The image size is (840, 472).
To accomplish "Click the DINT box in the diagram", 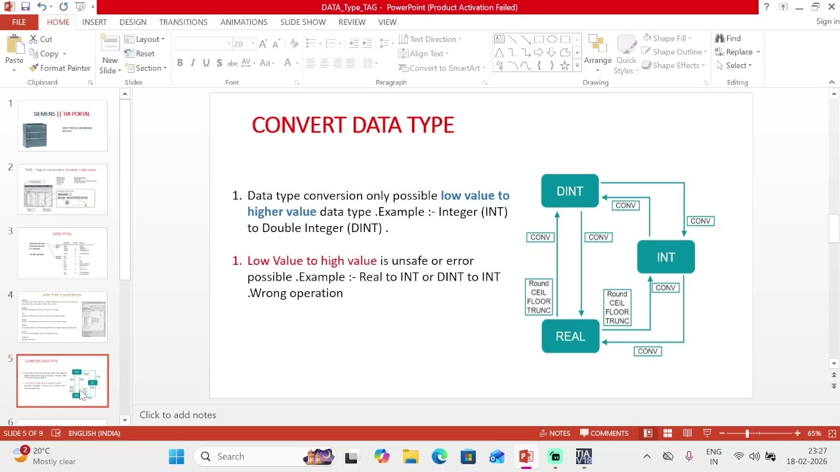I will tap(570, 191).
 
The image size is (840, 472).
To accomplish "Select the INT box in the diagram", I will tap(665, 257).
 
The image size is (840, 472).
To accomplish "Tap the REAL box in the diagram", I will tap(570, 336).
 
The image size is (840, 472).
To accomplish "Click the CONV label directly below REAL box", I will tap(647, 351).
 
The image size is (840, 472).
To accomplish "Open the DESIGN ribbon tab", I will tap(133, 22).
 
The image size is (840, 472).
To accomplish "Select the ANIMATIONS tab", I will tap(243, 22).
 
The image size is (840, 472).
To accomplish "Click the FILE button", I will tap(19, 22).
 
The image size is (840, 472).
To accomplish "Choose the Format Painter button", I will tap(60, 68).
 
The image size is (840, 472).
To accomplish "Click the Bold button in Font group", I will tap(180, 63).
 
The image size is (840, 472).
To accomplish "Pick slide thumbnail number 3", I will tap(62, 253).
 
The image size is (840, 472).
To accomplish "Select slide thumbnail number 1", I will tap(62, 126).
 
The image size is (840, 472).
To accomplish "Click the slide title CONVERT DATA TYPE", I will tap(353, 125).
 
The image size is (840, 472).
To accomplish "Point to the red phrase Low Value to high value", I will tap(312, 261).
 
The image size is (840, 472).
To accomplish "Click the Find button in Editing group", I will tap(728, 38).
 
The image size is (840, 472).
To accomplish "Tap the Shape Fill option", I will tap(667, 38).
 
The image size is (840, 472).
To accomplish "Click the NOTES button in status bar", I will tap(555, 433).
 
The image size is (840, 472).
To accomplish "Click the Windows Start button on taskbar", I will tap(177, 456).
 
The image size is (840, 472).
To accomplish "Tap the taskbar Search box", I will tap(249, 456).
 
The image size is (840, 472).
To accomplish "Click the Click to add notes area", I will tap(178, 415).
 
